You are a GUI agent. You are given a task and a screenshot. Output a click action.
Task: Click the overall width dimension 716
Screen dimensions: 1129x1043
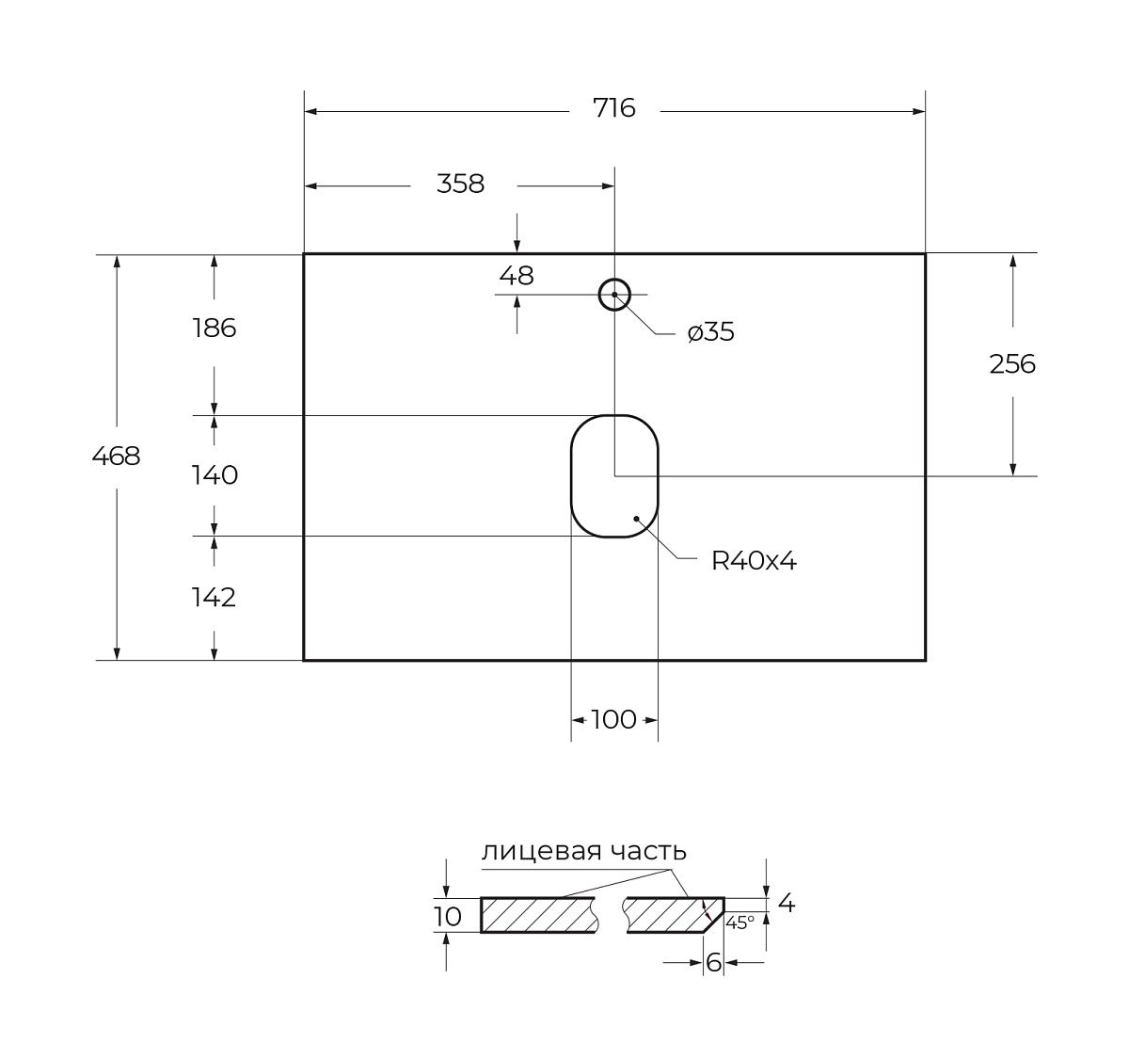coord(614,107)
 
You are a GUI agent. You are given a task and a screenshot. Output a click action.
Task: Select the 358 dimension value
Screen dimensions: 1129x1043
coord(460,184)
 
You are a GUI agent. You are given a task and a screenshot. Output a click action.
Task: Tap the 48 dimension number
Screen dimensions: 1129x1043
coord(517,276)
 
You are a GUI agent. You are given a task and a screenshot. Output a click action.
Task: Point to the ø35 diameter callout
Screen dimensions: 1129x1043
coord(710,331)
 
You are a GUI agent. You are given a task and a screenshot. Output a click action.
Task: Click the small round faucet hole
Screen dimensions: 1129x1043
coord(614,295)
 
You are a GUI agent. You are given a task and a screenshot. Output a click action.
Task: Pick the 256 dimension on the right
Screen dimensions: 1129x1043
coord(1012,363)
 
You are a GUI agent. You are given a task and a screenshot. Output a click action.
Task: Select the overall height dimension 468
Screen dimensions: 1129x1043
coord(116,456)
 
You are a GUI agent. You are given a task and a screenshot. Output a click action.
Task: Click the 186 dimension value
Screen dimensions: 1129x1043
coord(214,329)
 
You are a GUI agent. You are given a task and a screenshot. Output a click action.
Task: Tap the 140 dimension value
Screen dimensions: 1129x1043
coord(214,475)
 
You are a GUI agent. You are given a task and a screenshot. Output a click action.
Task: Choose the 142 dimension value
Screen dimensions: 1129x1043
coord(214,598)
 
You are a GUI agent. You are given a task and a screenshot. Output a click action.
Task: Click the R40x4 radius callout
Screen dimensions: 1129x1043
coord(754,561)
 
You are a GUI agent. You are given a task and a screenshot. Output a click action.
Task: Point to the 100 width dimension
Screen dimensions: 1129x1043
coord(614,720)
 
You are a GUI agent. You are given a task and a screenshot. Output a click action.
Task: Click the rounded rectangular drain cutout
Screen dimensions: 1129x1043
coord(614,475)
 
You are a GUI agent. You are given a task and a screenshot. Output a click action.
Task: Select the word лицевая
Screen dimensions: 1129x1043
coord(541,851)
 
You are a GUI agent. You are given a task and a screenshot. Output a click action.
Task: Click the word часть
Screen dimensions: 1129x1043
coord(648,851)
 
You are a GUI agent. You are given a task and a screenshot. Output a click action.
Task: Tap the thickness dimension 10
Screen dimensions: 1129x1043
coord(448,917)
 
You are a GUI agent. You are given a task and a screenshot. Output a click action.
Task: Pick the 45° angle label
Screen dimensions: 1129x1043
coord(740,923)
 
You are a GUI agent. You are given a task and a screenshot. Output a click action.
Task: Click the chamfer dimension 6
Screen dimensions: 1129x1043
coord(713,963)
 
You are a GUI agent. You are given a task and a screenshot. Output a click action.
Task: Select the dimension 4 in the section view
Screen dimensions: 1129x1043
coord(787,903)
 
